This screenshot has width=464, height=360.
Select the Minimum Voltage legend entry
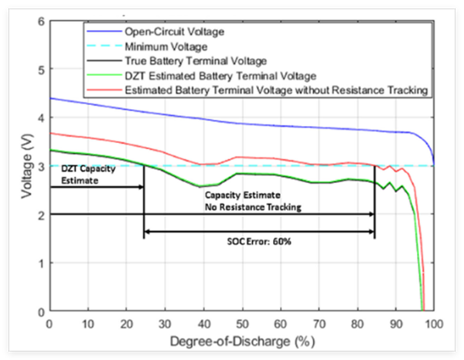click(155, 46)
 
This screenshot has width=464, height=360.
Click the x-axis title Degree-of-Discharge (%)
click(241, 341)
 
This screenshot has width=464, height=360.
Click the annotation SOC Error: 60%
click(258, 241)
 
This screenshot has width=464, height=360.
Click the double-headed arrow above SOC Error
click(259, 230)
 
